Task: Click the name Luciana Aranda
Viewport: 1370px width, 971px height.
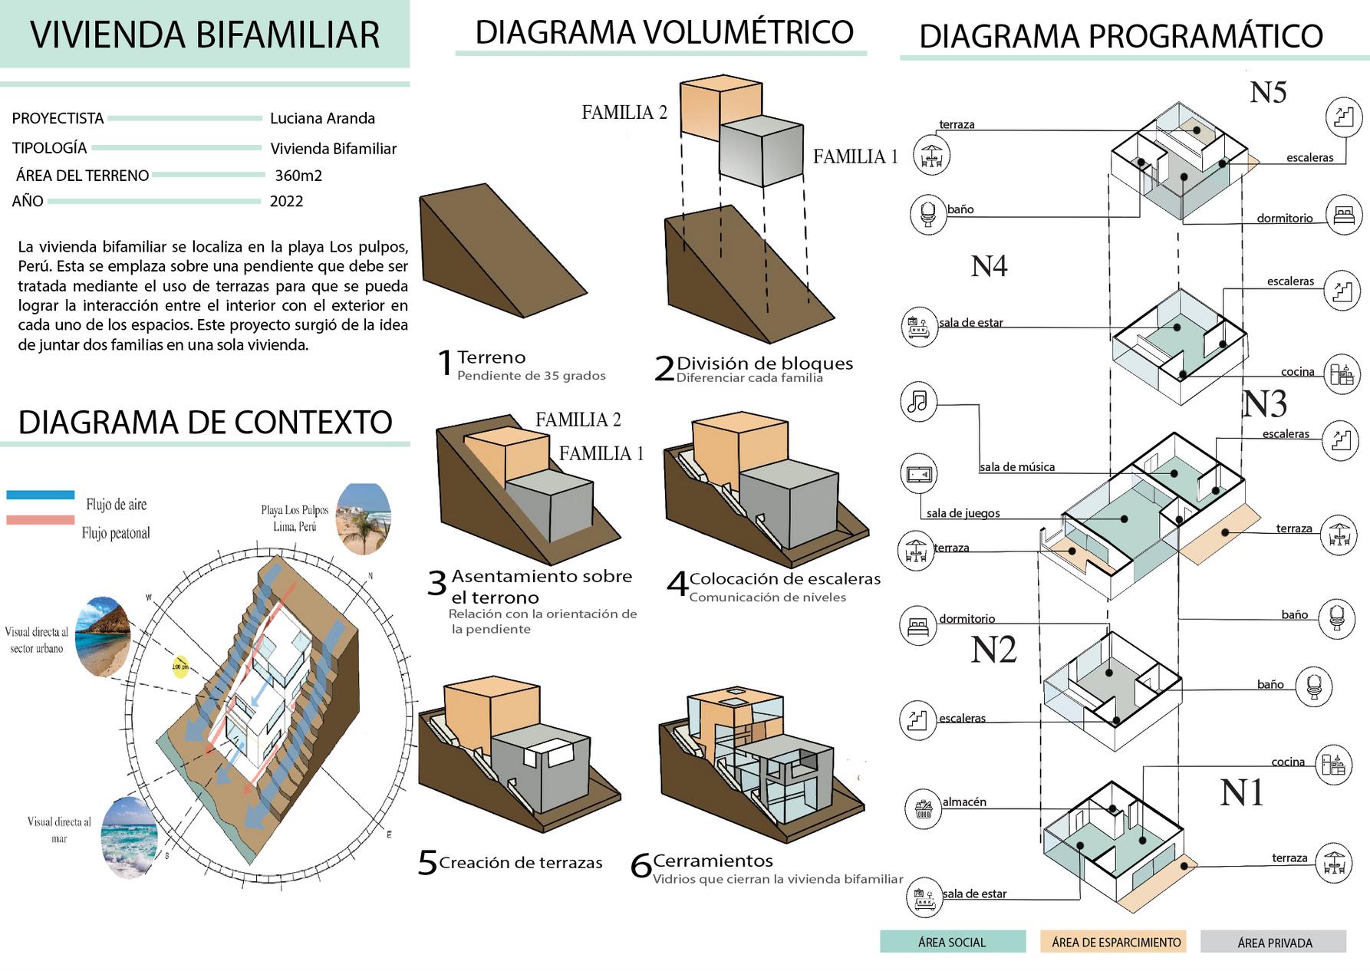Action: (x=322, y=118)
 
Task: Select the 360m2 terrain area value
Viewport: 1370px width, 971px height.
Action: (x=298, y=176)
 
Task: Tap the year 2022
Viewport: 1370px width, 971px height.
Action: (x=286, y=202)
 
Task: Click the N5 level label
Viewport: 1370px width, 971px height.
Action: (x=1267, y=93)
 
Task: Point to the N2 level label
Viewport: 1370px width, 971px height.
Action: (x=993, y=650)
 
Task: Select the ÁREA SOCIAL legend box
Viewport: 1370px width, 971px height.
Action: (x=952, y=942)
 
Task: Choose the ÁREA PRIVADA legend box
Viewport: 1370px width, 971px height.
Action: (x=1273, y=942)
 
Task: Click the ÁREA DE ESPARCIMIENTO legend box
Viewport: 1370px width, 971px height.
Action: (x=1114, y=942)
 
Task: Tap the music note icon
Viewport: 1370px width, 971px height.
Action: (x=918, y=401)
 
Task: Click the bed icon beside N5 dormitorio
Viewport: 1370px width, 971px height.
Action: (x=1344, y=215)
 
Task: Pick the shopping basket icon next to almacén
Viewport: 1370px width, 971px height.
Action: (x=924, y=808)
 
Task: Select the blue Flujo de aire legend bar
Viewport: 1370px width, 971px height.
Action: (x=41, y=495)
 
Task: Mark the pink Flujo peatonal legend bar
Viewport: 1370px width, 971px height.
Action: (x=41, y=520)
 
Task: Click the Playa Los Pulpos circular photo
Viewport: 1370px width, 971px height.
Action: (x=364, y=518)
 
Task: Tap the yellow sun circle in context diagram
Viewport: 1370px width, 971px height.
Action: (x=179, y=666)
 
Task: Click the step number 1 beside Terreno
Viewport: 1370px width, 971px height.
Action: (x=445, y=364)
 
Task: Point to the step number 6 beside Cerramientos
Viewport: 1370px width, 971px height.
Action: (x=641, y=867)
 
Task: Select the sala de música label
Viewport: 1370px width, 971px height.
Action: (x=1016, y=467)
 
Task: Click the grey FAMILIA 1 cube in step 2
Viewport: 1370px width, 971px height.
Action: (x=761, y=152)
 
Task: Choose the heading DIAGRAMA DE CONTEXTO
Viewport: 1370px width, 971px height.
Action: (x=205, y=423)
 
